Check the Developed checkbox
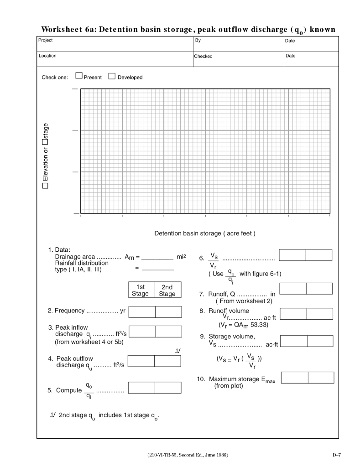coord(111,77)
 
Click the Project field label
coord(47,40)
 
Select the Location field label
coord(48,56)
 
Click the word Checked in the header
coord(203,57)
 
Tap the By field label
coord(197,40)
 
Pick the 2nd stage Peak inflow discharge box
coord(168,331)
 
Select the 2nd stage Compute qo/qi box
coord(168,388)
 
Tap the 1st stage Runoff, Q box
coord(292,288)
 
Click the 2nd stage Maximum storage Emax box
coord(321,377)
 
